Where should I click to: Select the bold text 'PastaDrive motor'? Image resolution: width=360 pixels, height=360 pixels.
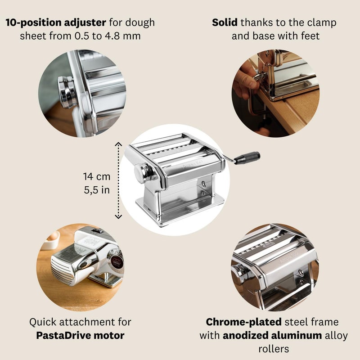[81, 335]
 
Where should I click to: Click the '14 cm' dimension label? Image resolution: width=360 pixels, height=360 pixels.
[96, 177]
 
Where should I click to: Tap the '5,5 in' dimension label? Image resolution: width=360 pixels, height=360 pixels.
[96, 190]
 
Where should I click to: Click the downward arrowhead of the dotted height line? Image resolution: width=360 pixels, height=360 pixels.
[118, 217]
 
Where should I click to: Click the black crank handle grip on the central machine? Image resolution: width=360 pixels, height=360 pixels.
[248, 157]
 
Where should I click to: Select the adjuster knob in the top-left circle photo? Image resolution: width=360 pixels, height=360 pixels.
[66, 90]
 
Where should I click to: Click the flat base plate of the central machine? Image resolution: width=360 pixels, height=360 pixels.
[180, 211]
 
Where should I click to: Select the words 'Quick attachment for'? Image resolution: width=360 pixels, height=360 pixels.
[81, 322]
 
